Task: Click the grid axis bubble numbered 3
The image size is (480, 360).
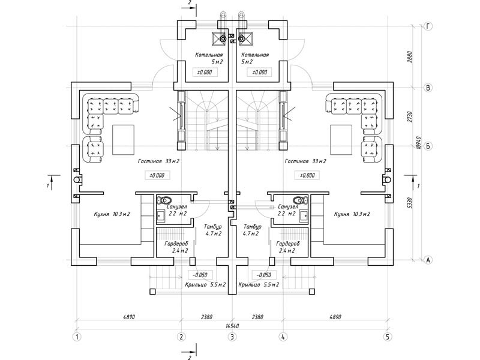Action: (x=232, y=337)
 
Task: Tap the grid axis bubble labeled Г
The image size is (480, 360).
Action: (x=428, y=26)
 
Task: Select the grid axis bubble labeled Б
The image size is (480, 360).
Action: (x=428, y=146)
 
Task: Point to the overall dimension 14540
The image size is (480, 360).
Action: (x=232, y=326)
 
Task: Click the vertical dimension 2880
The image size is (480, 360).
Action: (x=410, y=57)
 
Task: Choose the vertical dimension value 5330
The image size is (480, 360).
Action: (x=410, y=203)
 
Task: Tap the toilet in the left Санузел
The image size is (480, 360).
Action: (x=164, y=201)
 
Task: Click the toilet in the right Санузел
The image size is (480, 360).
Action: (x=300, y=201)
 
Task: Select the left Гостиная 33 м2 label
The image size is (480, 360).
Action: (x=158, y=161)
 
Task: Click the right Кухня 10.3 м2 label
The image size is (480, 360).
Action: (x=352, y=214)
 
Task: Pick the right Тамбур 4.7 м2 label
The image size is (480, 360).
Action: (x=252, y=230)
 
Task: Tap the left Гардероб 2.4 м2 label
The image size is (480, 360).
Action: (x=176, y=247)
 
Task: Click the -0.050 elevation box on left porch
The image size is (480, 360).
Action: (x=200, y=275)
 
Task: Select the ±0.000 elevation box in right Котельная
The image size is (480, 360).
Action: (x=260, y=72)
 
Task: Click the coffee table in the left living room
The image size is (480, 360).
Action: (x=124, y=140)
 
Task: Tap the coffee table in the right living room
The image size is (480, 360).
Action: (x=341, y=140)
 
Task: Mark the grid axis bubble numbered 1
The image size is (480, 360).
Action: (x=77, y=337)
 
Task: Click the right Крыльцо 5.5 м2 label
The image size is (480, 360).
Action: (x=259, y=284)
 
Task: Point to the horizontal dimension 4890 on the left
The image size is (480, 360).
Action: (x=129, y=317)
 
